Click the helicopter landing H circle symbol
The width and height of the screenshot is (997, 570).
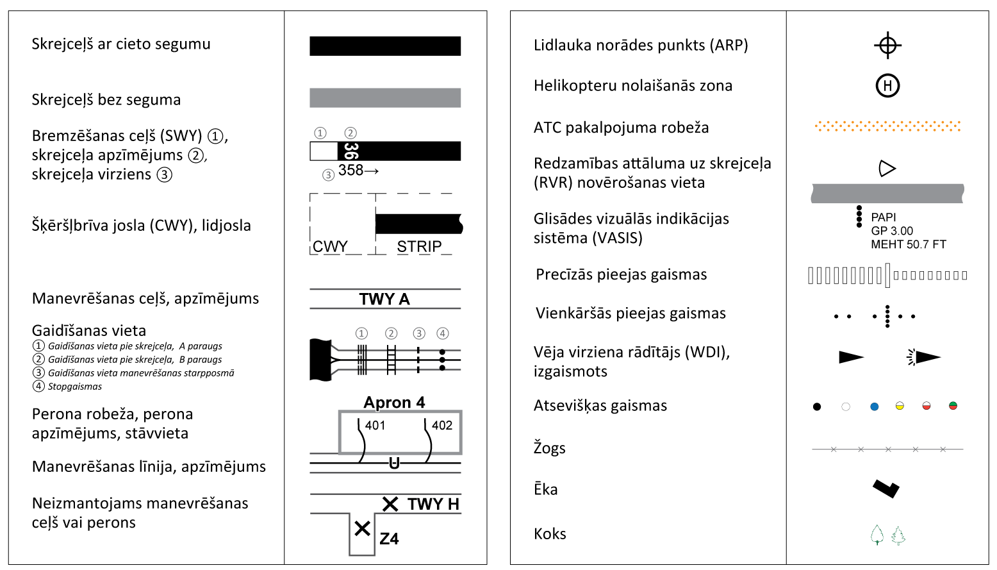point(887,85)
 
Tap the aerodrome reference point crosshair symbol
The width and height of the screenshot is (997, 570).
point(887,45)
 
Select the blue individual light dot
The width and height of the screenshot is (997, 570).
point(874,407)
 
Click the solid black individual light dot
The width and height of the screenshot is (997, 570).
point(817,407)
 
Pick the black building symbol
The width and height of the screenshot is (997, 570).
point(886,489)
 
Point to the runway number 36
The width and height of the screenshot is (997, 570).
point(350,151)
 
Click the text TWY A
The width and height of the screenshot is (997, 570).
point(384,299)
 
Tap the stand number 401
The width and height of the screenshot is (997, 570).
point(375,426)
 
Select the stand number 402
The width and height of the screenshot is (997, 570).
point(442,426)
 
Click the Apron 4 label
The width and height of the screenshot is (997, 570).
point(394,403)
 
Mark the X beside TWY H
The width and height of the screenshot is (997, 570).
point(390,505)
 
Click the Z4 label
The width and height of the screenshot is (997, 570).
point(389,539)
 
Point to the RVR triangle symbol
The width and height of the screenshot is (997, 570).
point(887,169)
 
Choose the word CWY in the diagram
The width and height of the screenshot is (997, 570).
point(330,247)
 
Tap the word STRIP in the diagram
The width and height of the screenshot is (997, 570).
point(419,247)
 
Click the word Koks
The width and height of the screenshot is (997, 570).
point(550,533)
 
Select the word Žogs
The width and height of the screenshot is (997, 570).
point(550,448)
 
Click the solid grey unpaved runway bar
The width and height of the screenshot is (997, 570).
point(385,98)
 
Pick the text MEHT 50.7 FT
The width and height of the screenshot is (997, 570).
point(909,244)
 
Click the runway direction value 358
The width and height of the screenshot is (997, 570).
point(350,170)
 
